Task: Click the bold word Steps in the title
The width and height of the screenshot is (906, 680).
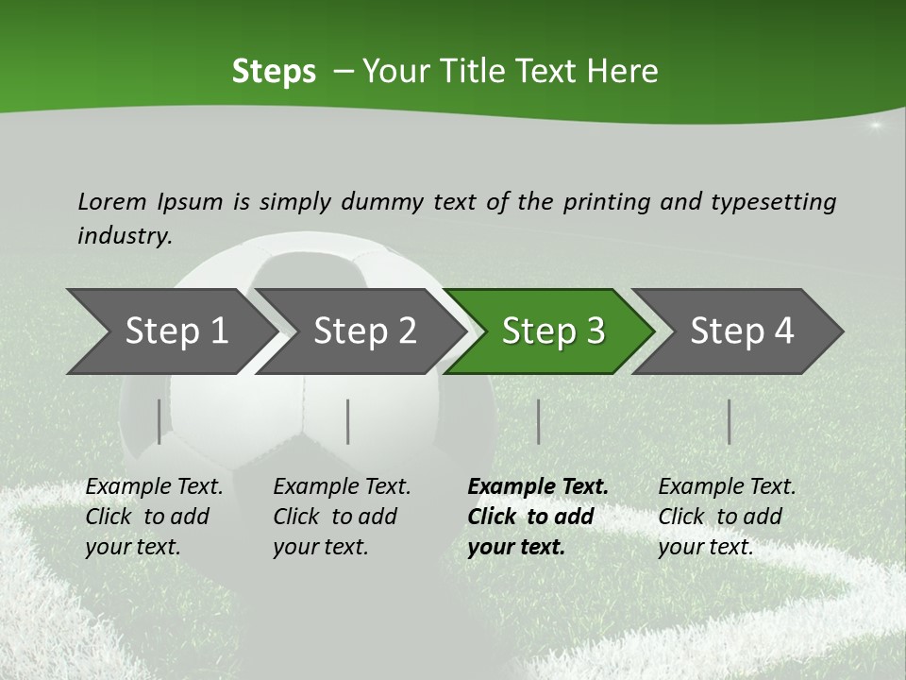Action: pyautogui.click(x=274, y=72)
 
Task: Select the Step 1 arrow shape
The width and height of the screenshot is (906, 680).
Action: pyautogui.click(x=170, y=331)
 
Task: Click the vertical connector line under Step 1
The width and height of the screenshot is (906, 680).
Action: pyautogui.click(x=159, y=421)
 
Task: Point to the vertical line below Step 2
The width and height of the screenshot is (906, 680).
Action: pyautogui.click(x=348, y=421)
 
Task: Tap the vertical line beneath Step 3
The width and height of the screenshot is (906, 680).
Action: pyautogui.click(x=538, y=421)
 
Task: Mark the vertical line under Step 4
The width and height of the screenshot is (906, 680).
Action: pyautogui.click(x=729, y=421)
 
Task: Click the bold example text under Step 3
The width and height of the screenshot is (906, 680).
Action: pyautogui.click(x=536, y=517)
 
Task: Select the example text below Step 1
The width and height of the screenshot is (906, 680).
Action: pyautogui.click(x=153, y=517)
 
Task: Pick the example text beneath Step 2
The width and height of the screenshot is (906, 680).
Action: pyautogui.click(x=341, y=517)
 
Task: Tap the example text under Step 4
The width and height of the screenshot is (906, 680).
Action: pyautogui.click(x=726, y=517)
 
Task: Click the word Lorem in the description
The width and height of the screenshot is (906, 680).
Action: pyautogui.click(x=112, y=201)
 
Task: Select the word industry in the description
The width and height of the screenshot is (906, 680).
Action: pyautogui.click(x=124, y=236)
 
